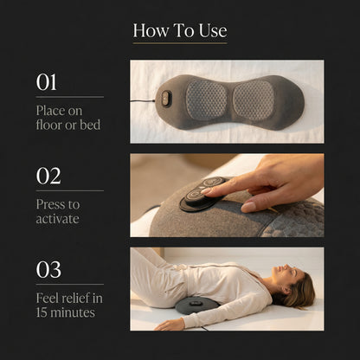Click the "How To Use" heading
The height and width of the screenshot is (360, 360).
[180, 31]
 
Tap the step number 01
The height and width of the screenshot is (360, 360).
[47, 82]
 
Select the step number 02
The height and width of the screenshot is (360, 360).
[48, 176]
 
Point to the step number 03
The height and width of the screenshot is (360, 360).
[48, 269]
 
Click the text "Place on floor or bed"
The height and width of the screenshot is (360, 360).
[68, 118]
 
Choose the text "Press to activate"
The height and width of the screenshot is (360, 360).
[58, 211]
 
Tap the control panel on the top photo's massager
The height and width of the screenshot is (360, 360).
[166, 100]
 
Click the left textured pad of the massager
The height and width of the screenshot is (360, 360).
[205, 100]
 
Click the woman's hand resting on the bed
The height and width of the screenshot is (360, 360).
[170, 325]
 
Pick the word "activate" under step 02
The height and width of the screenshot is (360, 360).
[58, 219]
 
